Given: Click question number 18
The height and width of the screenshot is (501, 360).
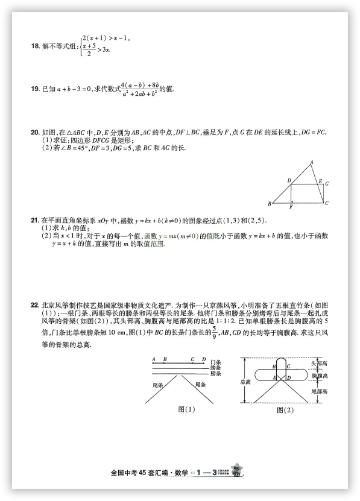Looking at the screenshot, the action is tap(35, 45).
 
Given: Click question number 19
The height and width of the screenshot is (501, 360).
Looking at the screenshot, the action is tap(35, 89).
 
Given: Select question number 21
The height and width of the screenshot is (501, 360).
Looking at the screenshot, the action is tap(35, 221).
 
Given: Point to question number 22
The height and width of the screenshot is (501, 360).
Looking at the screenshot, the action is tap(35, 305).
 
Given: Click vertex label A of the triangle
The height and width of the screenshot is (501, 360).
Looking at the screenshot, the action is tap(311, 162).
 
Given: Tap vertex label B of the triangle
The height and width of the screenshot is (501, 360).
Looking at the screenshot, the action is tap(269, 204).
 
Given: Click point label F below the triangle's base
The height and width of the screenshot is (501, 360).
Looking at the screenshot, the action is tap(291, 207).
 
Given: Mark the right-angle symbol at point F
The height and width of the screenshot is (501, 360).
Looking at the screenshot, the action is tap(292, 201).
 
